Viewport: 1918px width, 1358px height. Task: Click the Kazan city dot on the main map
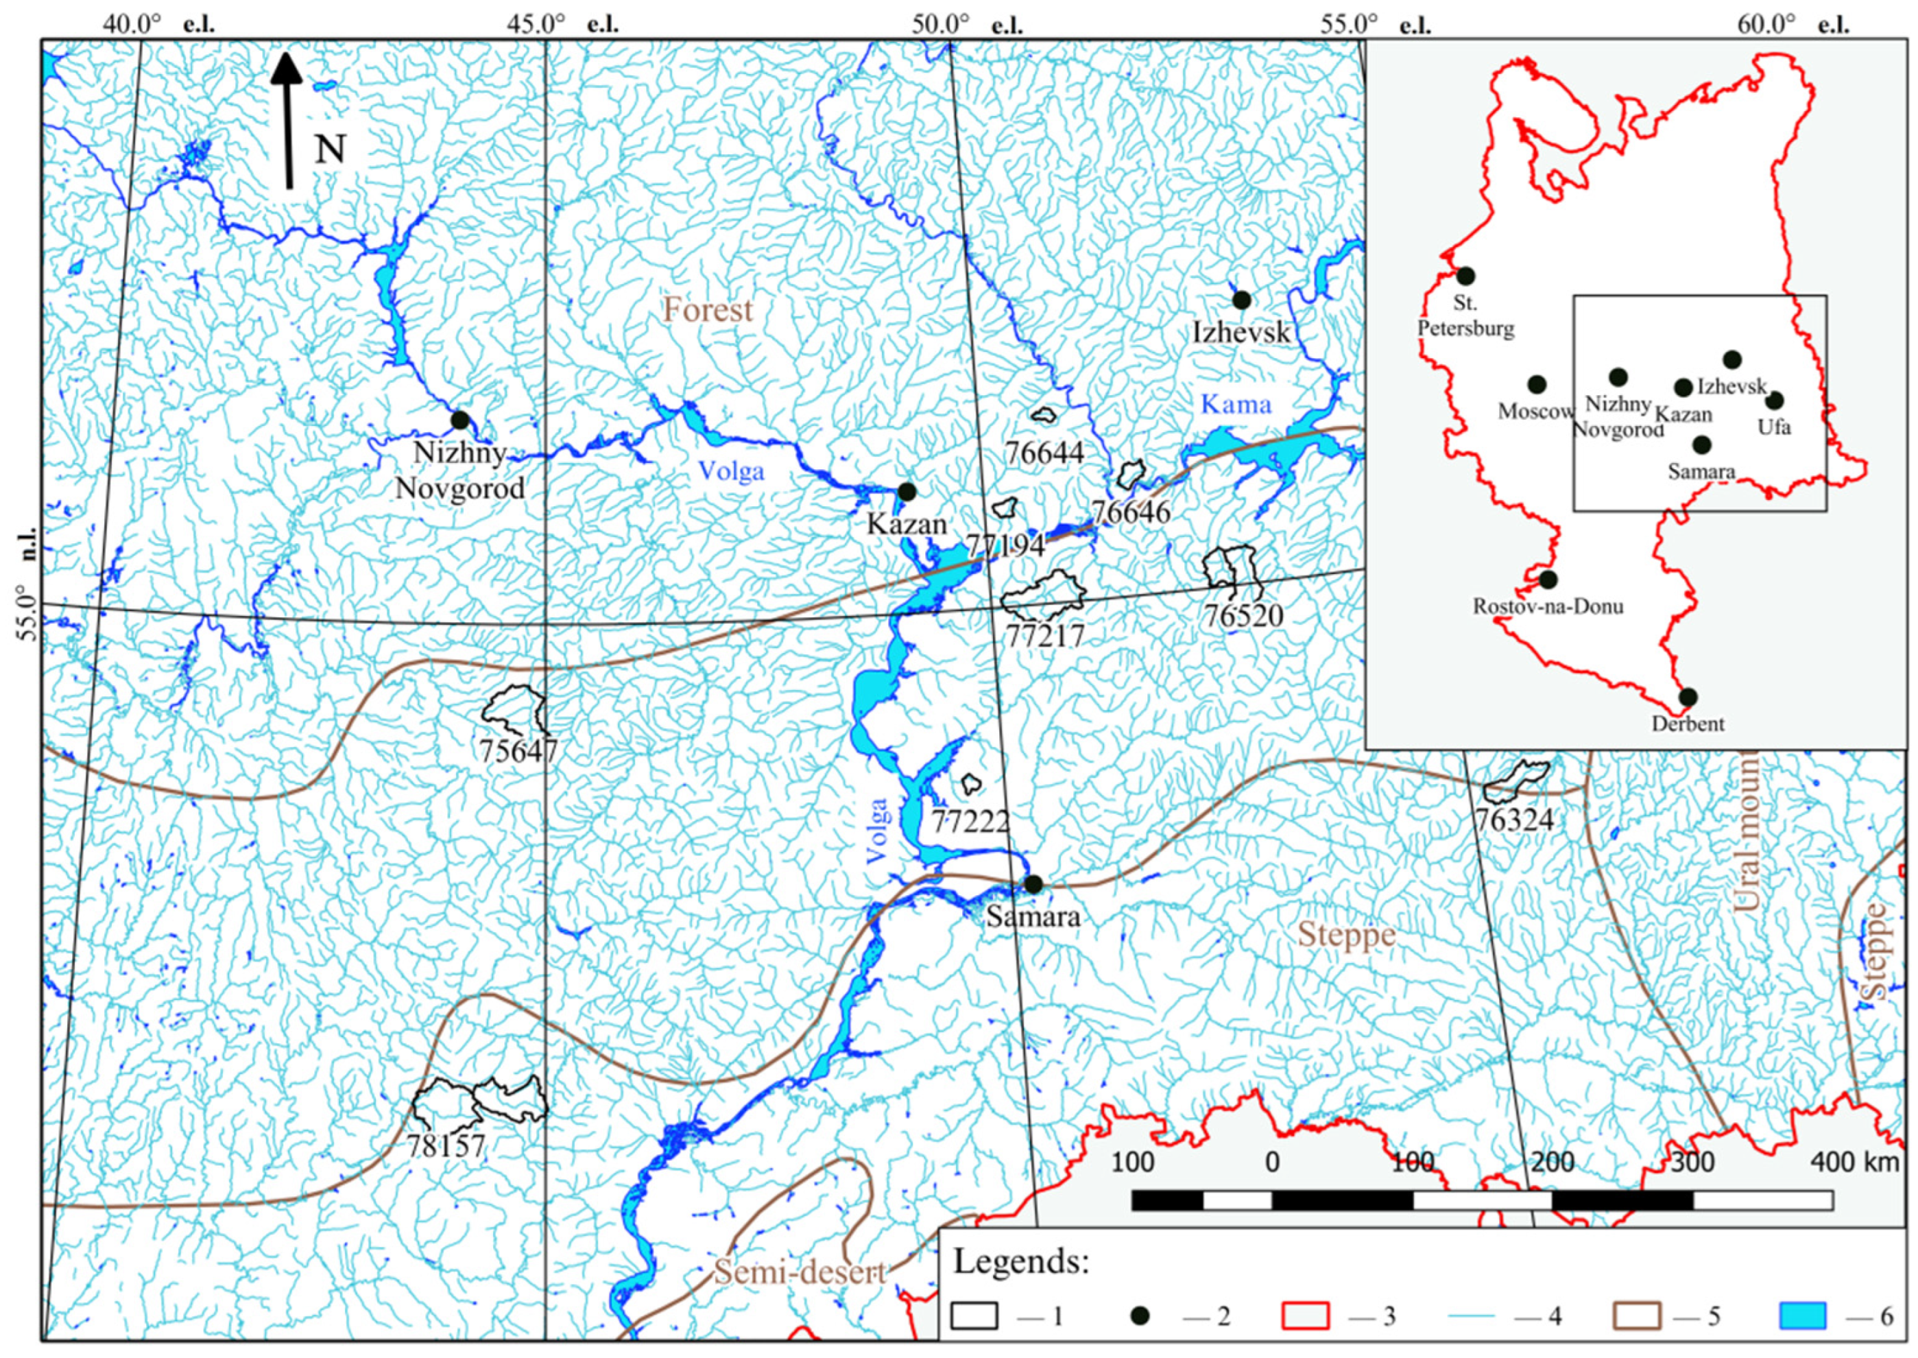[x=907, y=492]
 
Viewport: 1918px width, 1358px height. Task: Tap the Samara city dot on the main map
[x=1033, y=884]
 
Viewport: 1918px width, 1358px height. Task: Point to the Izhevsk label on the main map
[x=1242, y=333]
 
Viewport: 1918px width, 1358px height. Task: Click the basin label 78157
[x=446, y=1145]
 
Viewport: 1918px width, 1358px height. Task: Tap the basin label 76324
[x=1514, y=820]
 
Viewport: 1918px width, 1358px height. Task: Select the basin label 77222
[x=970, y=821]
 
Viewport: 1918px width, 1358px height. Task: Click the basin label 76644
[x=1044, y=453]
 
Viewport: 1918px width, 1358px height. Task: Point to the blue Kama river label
[x=1236, y=405]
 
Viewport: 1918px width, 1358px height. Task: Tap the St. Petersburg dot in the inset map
[x=1465, y=275]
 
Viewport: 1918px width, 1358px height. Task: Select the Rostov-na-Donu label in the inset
[x=1548, y=606]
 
